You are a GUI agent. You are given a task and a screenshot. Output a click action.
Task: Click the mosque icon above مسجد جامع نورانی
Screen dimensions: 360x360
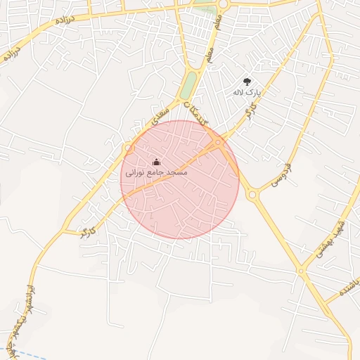[156, 162]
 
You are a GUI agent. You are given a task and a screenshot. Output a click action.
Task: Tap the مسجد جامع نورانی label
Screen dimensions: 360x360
[156, 172]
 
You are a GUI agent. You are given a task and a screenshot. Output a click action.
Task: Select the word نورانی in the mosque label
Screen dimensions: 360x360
[136, 172]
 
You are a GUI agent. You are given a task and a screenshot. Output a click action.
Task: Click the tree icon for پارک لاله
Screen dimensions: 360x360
[247, 82]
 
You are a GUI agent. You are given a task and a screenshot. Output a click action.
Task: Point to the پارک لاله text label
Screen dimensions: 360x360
[247, 92]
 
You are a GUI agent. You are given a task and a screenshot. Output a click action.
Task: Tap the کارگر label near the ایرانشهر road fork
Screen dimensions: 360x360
[87, 231]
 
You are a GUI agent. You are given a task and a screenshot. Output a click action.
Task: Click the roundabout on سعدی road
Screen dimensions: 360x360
[129, 148]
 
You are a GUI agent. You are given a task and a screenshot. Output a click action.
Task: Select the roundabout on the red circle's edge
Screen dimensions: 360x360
[219, 143]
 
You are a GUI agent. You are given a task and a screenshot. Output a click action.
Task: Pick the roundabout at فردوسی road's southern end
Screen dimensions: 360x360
[252, 195]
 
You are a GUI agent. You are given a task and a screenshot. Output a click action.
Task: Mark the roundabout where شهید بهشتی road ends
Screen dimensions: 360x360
[301, 270]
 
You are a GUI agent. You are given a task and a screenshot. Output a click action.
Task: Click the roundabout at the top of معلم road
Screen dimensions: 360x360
[223, 4]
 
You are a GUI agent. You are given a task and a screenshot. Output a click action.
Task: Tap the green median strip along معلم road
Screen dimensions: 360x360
[188, 86]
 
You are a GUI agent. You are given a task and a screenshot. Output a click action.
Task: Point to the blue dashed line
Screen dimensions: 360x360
[32, 355]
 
